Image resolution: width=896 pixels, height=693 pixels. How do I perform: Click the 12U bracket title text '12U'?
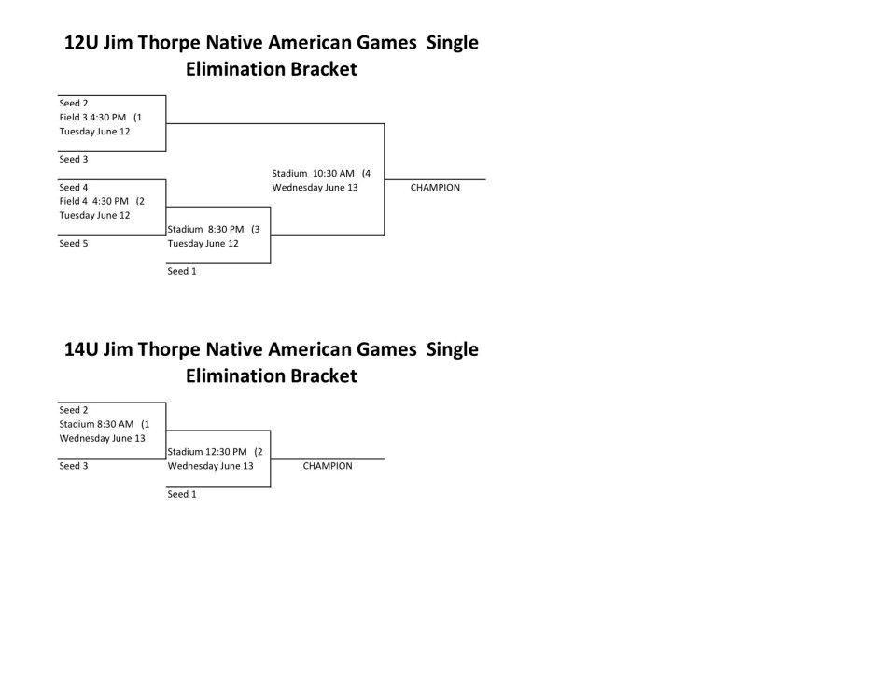tap(81, 43)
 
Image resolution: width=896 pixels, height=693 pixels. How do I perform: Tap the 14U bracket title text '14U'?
tap(81, 349)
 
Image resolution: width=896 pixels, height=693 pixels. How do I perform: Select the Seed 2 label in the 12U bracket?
tap(74, 104)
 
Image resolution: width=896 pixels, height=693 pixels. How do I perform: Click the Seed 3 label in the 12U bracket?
tap(74, 160)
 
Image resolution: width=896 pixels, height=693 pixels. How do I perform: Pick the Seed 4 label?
tap(74, 188)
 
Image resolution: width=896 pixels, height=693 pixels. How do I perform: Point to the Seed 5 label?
tap(74, 244)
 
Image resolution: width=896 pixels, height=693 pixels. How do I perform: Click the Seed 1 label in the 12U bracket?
tap(182, 271)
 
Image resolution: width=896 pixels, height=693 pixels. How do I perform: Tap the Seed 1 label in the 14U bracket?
tap(182, 494)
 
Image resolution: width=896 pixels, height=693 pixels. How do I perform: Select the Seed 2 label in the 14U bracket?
tap(74, 411)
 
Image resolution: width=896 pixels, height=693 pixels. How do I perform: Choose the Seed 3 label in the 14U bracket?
tap(74, 466)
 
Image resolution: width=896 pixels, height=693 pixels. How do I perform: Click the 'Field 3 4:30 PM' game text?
tap(92, 118)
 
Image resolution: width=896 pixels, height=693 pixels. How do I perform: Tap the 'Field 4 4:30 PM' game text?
tap(93, 201)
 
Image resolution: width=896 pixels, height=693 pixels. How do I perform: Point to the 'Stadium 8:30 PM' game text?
tap(205, 229)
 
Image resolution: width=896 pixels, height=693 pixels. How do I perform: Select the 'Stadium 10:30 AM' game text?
tap(314, 174)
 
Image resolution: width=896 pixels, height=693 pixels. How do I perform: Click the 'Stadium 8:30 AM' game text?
tap(96, 424)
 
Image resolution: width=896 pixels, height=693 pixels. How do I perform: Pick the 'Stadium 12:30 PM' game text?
tap(207, 452)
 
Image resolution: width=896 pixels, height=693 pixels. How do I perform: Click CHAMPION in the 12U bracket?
tap(435, 188)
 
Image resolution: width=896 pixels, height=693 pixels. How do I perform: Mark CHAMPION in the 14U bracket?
tap(328, 466)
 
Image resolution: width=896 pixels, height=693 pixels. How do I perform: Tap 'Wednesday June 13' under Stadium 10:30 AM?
tap(315, 188)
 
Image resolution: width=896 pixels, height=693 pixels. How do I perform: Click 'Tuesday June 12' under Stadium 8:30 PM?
tap(203, 244)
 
